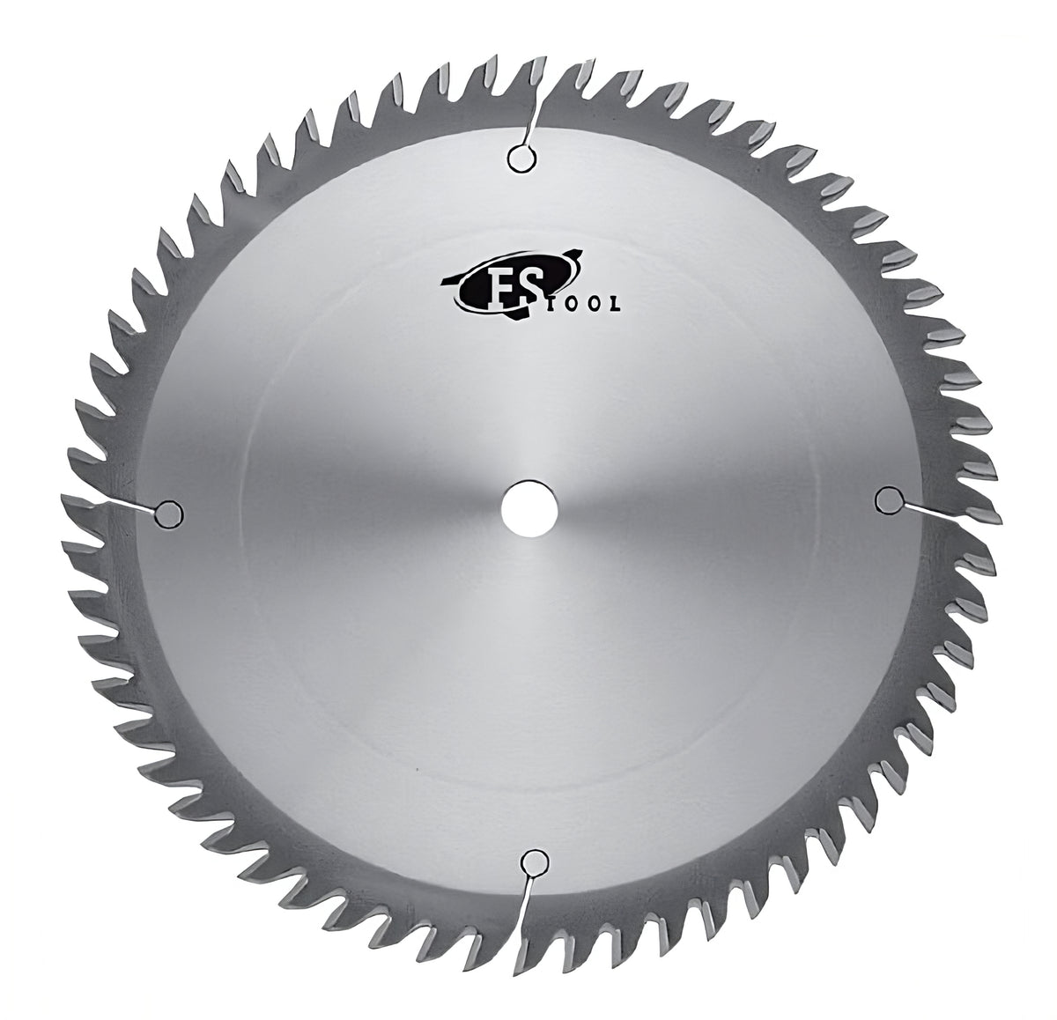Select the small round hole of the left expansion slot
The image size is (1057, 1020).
click(167, 512)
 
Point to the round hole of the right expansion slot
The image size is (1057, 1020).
click(888, 500)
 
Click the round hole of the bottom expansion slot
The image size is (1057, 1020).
click(532, 860)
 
